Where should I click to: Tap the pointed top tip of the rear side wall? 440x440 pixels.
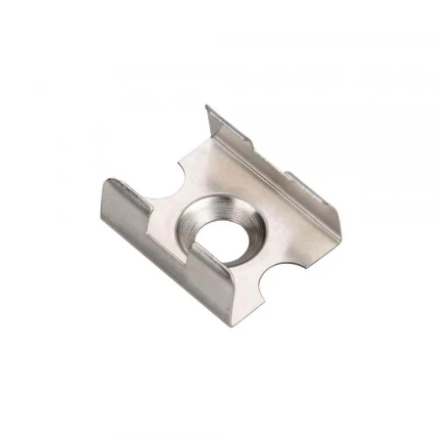point(207,107)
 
